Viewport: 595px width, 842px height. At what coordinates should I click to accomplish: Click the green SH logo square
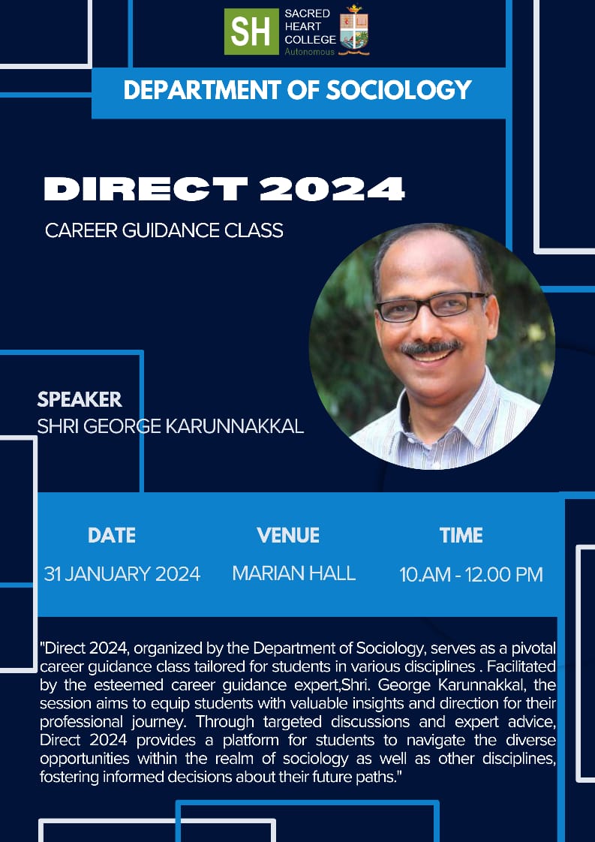[x=251, y=32]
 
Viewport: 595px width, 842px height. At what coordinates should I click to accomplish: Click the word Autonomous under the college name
[x=310, y=52]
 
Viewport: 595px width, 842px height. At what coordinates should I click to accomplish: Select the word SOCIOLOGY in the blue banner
[x=398, y=90]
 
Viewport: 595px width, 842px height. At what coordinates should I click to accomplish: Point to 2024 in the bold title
[x=332, y=188]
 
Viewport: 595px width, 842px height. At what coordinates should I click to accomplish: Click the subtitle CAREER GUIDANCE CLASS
[x=164, y=230]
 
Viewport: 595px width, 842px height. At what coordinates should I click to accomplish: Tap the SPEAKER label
[x=80, y=399]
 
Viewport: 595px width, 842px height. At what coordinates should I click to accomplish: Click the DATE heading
[x=112, y=535]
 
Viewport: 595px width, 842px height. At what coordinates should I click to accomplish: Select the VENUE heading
[x=288, y=535]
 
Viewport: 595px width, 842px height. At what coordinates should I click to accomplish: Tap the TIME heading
[x=461, y=535]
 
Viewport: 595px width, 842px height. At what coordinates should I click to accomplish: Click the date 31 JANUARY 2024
[x=122, y=574]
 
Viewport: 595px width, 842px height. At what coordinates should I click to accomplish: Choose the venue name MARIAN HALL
[x=294, y=573]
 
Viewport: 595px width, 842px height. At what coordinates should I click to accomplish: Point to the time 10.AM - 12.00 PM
[x=471, y=575]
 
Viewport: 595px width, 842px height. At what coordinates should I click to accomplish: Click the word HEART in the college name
[x=302, y=26]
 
